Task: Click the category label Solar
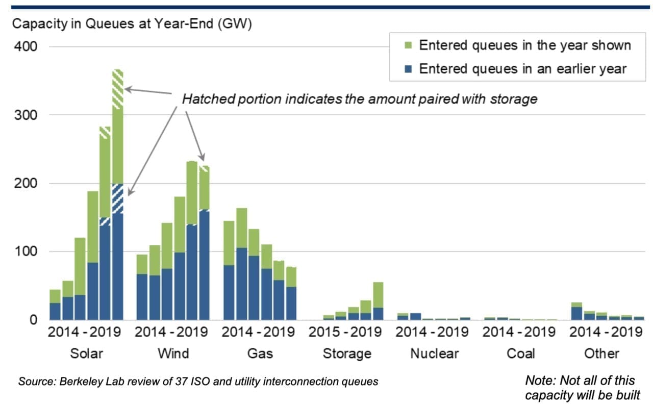[85, 353]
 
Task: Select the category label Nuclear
[434, 353]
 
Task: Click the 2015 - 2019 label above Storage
[345, 333]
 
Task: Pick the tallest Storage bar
[378, 301]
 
